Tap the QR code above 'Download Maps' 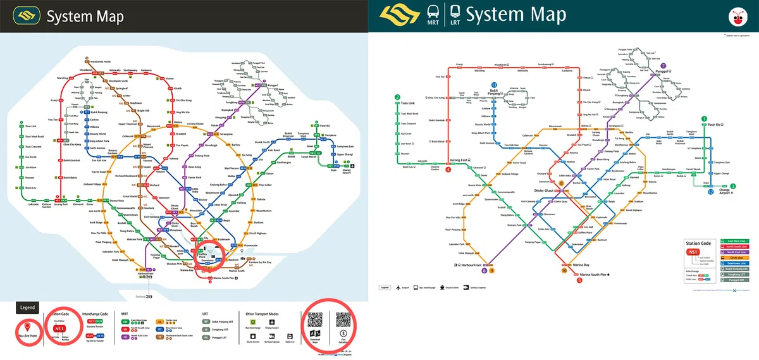[x=316, y=321]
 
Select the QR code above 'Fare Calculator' [x=343, y=321]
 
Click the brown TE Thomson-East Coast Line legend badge [x=161, y=337]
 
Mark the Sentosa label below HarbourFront [x=141, y=296]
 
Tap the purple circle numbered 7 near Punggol [x=663, y=65]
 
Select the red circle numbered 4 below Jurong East [x=448, y=170]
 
